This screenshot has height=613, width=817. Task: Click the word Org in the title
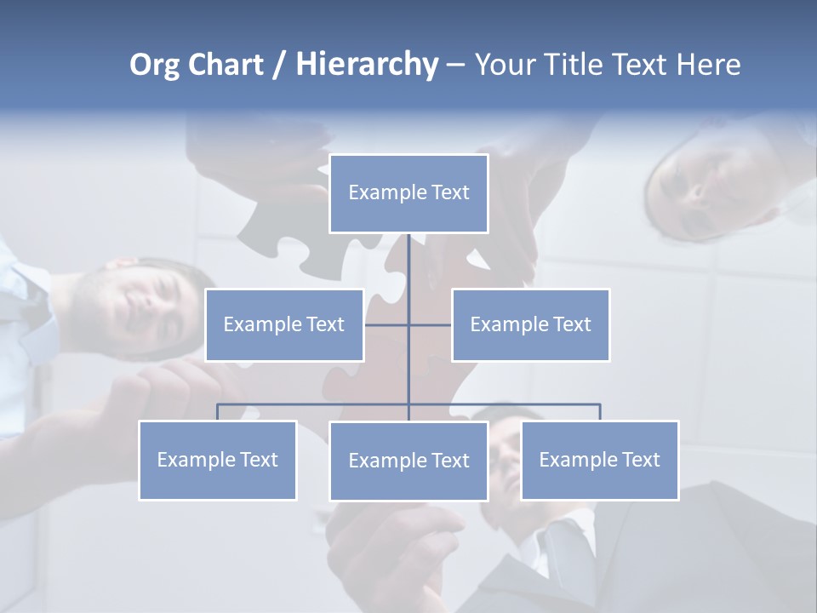click(155, 65)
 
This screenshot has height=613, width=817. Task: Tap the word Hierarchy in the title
click(367, 65)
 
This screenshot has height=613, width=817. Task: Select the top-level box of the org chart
click(408, 193)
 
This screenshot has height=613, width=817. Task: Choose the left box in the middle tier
click(284, 325)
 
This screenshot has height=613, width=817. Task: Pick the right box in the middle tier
click(530, 325)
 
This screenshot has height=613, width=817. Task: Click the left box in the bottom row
click(218, 461)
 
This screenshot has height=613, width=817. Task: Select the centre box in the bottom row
click(408, 461)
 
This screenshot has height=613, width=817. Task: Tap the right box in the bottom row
click(600, 461)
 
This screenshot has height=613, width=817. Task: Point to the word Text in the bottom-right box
click(640, 461)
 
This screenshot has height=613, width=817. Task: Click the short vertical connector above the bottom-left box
click(218, 412)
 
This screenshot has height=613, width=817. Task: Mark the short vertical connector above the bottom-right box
click(600, 412)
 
